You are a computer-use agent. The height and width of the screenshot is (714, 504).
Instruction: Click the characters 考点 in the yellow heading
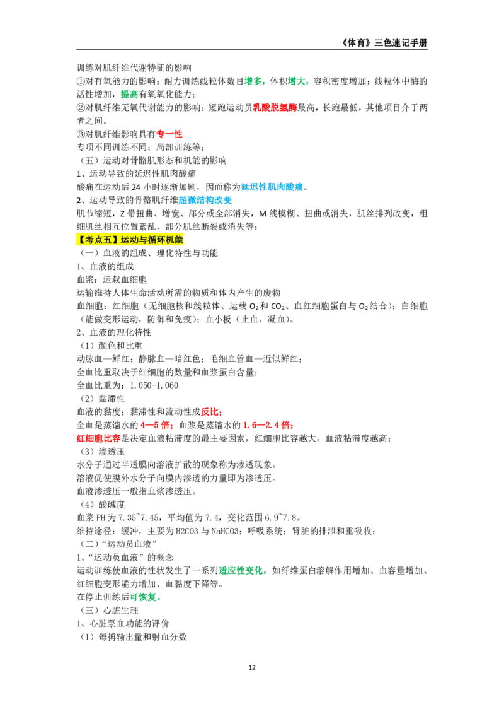coord(93,240)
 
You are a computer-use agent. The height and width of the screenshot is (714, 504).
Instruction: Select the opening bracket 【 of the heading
coord(81,240)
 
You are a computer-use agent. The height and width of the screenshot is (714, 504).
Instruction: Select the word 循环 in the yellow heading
coord(156,240)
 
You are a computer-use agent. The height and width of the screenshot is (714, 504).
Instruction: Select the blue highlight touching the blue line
coord(205,201)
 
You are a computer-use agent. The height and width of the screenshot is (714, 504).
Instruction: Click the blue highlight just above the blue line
coord(272,187)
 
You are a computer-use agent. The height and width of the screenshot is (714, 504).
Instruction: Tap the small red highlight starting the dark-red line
coord(210,411)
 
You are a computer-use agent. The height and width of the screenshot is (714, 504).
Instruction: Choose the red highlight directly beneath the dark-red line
coord(268,426)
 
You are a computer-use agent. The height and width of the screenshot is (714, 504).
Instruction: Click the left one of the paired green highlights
coord(255,81)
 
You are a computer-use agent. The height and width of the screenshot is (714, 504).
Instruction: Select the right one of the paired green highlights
coord(299,81)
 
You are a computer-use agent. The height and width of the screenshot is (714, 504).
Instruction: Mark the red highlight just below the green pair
coord(275,108)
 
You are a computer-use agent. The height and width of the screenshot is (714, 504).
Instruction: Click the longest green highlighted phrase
coord(242,570)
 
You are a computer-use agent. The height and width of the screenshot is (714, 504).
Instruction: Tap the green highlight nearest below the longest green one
coord(144,597)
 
